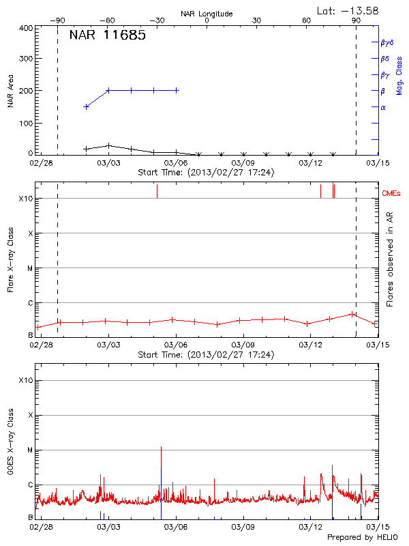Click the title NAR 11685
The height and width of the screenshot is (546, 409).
pos(107,35)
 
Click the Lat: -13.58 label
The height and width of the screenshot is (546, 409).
pos(348,10)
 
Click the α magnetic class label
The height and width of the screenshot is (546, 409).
pos(382,107)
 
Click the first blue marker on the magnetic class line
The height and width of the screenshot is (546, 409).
pos(86,106)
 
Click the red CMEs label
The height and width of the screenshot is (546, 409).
pos(392,194)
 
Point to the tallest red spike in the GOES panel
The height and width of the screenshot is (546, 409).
pos(161,448)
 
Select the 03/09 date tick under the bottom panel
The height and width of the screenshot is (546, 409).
pos(243,528)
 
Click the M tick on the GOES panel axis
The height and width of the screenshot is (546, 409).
pos(30,450)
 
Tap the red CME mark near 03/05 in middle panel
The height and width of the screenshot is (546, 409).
pos(157,190)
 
